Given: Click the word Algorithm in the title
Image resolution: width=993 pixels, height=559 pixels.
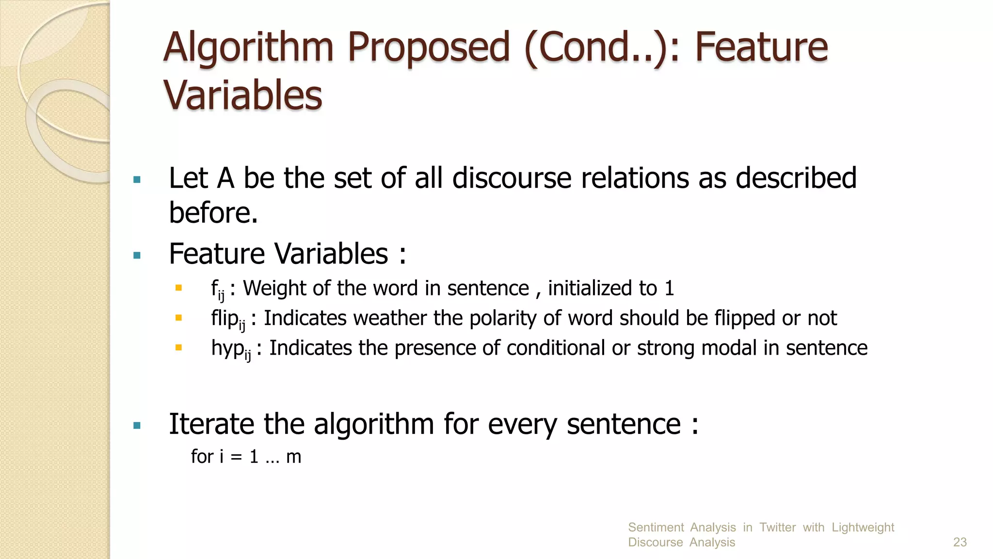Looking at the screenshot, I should point(248,49).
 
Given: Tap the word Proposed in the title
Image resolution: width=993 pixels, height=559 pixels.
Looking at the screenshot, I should point(429,49).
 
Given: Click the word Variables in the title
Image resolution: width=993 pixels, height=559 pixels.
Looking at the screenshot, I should point(242,96).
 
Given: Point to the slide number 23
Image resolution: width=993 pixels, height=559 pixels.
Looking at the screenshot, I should point(960,543).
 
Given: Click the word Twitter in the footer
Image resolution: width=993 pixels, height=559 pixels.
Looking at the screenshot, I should point(777,527).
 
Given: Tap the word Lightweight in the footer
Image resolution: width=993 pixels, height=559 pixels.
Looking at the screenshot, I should point(863,527).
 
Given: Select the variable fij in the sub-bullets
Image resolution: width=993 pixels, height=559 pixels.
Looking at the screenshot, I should point(218,290).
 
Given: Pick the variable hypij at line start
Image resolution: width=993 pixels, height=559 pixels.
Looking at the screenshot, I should point(231,349).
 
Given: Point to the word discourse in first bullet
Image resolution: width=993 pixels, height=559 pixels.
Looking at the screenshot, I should point(512,178).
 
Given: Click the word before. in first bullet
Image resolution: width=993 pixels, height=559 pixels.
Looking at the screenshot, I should point(213,213).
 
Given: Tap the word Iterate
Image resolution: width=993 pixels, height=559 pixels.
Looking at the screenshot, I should point(211,424).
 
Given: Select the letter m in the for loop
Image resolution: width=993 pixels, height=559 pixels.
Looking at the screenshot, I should point(294,457).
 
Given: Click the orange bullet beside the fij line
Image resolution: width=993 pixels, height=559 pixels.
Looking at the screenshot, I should point(178,288).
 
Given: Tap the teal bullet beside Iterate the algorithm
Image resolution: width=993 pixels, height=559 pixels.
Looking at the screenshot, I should point(137,426).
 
